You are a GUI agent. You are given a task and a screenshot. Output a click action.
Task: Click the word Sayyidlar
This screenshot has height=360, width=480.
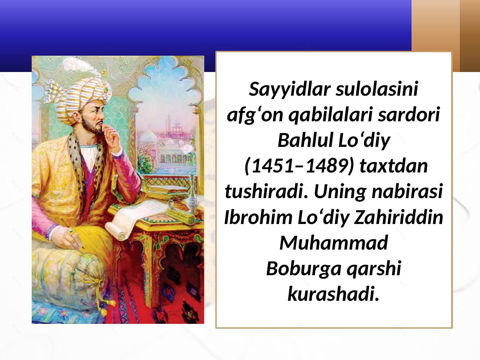(290, 90)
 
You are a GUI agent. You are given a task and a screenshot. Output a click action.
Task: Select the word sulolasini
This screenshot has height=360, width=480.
(377, 89)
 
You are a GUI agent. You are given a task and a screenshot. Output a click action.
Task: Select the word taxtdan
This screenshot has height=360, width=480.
(394, 166)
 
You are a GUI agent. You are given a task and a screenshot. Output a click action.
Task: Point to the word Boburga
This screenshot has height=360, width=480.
(304, 269)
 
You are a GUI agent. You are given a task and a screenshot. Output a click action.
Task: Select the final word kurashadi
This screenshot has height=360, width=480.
(333, 294)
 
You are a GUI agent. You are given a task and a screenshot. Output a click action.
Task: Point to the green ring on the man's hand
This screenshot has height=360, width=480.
(71, 231)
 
